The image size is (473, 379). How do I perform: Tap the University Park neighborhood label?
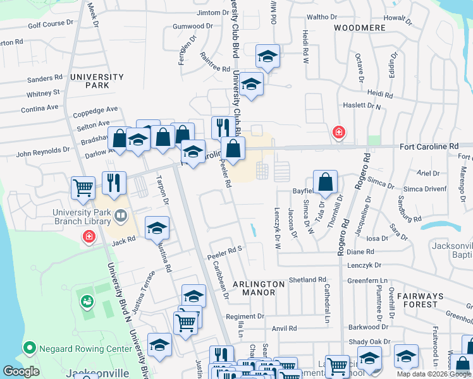pyautogui.click(x=97, y=81)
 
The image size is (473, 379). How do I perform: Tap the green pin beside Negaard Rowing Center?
pyautogui.click(x=28, y=348)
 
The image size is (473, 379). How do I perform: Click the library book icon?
pyautogui.click(x=120, y=217)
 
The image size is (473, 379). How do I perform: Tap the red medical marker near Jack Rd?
pyautogui.click(x=89, y=237)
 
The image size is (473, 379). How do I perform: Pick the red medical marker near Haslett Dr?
pyautogui.click(x=339, y=132)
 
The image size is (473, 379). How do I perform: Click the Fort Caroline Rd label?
pyautogui.click(x=429, y=147)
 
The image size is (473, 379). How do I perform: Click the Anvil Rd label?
pyautogui.click(x=284, y=328)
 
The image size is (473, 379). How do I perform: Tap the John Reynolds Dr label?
pyautogui.click(x=43, y=152)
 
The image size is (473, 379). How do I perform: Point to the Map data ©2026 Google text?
pyautogui.click(x=433, y=374)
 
